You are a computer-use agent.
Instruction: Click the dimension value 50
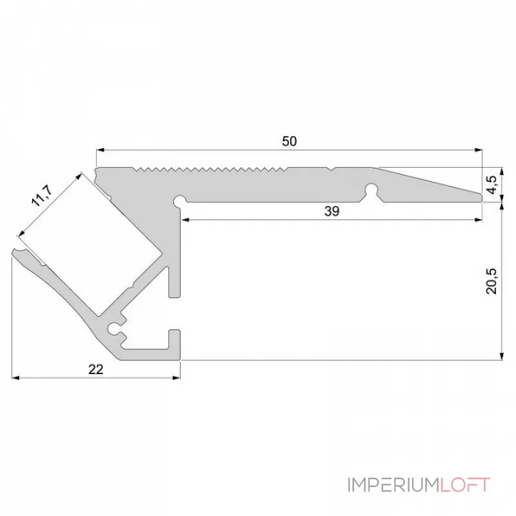(x=290, y=142)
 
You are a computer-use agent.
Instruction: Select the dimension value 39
(x=331, y=212)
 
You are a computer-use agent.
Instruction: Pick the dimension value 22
(x=95, y=369)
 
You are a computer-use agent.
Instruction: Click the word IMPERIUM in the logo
(x=392, y=485)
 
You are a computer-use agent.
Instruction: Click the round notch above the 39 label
(x=372, y=190)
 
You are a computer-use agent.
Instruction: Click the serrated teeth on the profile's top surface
(x=213, y=170)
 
